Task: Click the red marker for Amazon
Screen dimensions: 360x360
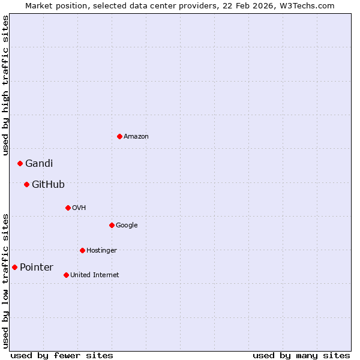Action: tap(119, 136)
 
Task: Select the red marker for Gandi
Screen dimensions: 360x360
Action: tap(20, 163)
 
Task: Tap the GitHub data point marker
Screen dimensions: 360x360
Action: tap(26, 184)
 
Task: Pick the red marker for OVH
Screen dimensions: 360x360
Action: tap(68, 208)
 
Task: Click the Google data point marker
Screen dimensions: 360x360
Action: tap(112, 225)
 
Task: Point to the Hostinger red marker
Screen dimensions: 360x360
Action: tap(82, 250)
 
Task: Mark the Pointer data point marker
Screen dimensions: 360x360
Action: tap(14, 267)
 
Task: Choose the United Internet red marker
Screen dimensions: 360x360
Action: tap(66, 275)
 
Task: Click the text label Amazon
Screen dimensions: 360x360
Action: tap(136, 137)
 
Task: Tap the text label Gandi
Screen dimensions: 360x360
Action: tap(39, 163)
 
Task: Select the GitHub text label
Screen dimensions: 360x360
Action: tap(48, 184)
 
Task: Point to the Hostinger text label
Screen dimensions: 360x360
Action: tap(101, 250)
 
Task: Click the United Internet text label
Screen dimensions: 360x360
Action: tap(95, 275)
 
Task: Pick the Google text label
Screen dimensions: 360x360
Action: tap(127, 226)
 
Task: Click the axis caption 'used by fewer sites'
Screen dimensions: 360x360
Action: tap(62, 355)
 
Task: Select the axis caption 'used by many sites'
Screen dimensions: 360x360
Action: tap(301, 355)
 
